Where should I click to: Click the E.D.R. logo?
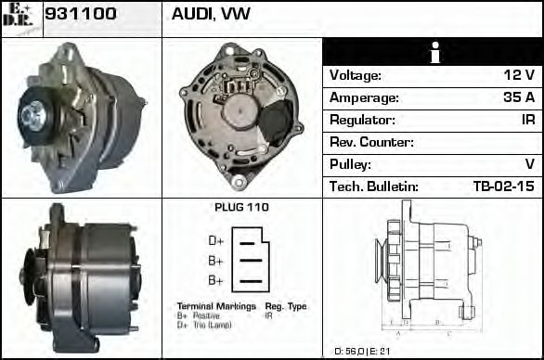pyautogui.click(x=20, y=18)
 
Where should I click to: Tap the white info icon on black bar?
pyautogui.click(x=432, y=53)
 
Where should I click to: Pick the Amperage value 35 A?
pyautogui.click(x=519, y=97)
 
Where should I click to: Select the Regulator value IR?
pyautogui.click(x=527, y=120)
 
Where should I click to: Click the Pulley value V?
pyautogui.click(x=530, y=164)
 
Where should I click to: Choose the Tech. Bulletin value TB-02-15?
pyautogui.click(x=504, y=186)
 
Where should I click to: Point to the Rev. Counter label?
pyautogui.click(x=371, y=142)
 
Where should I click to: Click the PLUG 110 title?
pyautogui.click(x=241, y=208)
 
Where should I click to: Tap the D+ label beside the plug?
pyautogui.click(x=216, y=241)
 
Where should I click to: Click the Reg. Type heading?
pyautogui.click(x=286, y=306)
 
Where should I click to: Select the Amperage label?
pyautogui.click(x=365, y=97)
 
